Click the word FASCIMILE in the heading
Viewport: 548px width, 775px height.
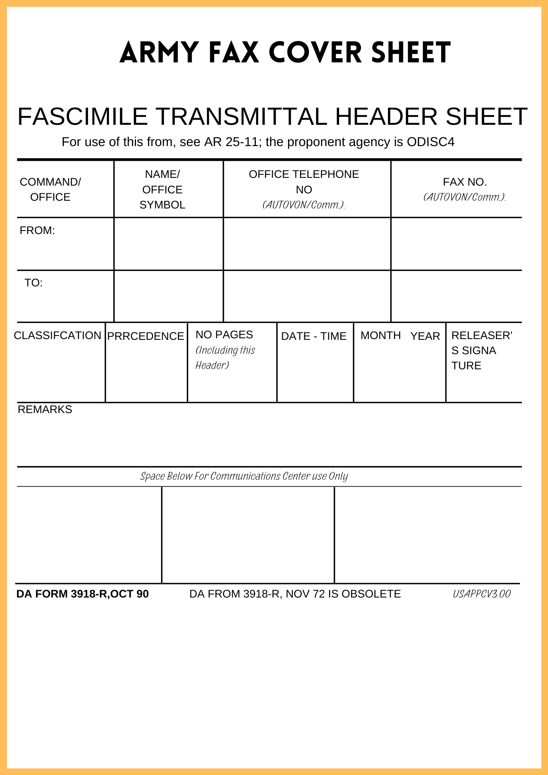click(83, 116)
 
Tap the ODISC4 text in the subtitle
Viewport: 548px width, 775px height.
click(430, 142)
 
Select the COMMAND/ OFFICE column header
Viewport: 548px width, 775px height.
click(50, 189)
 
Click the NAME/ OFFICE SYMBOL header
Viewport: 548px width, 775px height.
click(162, 189)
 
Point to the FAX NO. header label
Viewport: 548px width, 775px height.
click(465, 182)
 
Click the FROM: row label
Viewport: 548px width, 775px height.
click(37, 231)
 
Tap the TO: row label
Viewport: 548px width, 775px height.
click(34, 283)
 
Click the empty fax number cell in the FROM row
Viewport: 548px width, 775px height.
click(456, 244)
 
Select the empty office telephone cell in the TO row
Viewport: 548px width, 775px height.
click(307, 296)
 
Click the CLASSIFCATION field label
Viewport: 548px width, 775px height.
click(57, 336)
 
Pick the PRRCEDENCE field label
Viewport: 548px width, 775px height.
click(146, 336)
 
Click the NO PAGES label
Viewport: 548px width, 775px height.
click(224, 335)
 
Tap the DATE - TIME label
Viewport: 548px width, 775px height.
click(314, 336)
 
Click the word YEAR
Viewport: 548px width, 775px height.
click(425, 336)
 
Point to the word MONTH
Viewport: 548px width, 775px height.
click(381, 336)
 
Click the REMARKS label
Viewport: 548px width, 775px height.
click(45, 410)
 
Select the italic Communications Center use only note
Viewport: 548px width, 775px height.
click(244, 476)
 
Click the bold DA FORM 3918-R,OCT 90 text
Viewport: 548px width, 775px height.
click(83, 594)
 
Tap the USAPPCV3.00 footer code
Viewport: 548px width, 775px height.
click(482, 594)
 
